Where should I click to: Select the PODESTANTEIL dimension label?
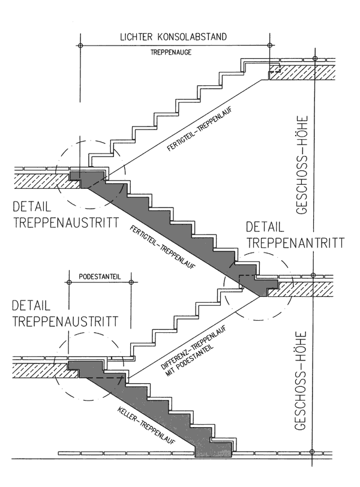coord(100,278)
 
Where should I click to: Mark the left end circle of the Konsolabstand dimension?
coord(80,46)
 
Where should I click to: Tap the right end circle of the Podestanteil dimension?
coord(132,287)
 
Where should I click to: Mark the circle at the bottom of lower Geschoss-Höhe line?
coord(312,452)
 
